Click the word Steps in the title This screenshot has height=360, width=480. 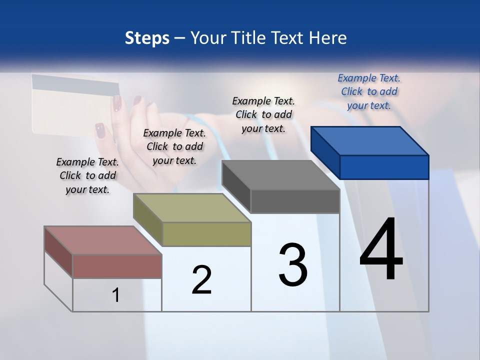[x=147, y=38]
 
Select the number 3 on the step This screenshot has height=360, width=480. [x=293, y=264]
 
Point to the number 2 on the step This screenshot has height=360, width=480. [x=201, y=280]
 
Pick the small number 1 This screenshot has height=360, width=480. [x=116, y=295]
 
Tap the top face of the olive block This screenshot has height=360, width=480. [x=192, y=208]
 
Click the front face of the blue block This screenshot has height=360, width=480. [x=384, y=167]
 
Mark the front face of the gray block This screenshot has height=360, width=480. [x=295, y=201]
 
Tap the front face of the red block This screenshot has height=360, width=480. [x=117, y=266]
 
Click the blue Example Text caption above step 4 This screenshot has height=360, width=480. [x=369, y=91]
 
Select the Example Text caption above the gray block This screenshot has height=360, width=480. [x=263, y=114]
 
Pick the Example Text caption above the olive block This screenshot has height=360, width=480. [x=174, y=146]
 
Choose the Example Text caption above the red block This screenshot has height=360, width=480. [x=87, y=175]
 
